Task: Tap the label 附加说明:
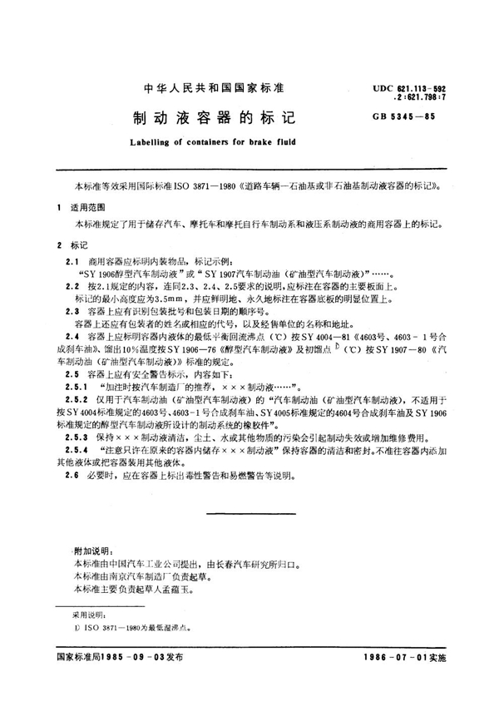[x=92, y=551]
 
